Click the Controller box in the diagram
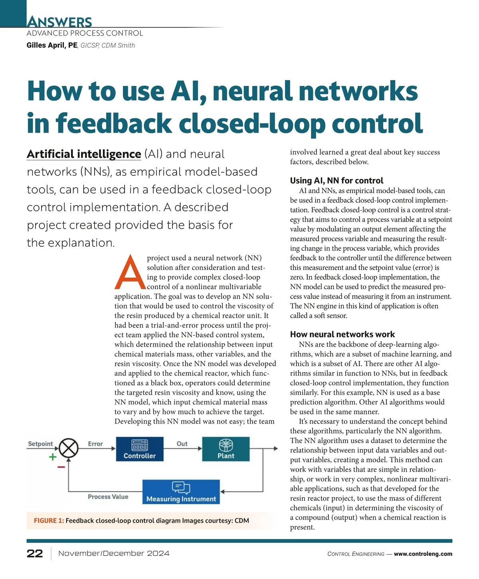(x=140, y=449)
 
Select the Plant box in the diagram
(x=226, y=449)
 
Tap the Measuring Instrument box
(x=181, y=492)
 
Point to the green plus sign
(x=52, y=457)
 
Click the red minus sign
(x=61, y=467)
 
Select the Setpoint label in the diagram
(x=40, y=444)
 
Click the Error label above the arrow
(x=95, y=444)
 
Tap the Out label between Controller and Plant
(x=182, y=444)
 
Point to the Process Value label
(x=108, y=497)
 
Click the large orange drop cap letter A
(x=130, y=272)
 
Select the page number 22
(x=35, y=553)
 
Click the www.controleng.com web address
(x=423, y=554)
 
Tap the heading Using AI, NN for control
(x=336, y=180)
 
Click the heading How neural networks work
(x=342, y=334)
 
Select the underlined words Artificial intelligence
(x=84, y=154)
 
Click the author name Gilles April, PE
(x=52, y=45)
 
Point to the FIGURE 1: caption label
(x=49, y=521)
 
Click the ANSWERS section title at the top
(x=59, y=22)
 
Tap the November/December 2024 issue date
(x=114, y=553)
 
